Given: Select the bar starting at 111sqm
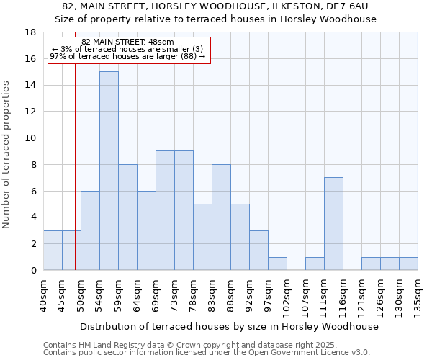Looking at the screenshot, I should point(333,223).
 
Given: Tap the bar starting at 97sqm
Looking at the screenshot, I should point(277,264).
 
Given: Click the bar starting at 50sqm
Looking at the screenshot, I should point(90,230).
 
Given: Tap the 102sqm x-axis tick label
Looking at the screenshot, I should point(287,294).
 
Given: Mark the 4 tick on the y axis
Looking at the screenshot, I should point(33,217).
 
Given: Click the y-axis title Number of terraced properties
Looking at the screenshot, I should point(6,155).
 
